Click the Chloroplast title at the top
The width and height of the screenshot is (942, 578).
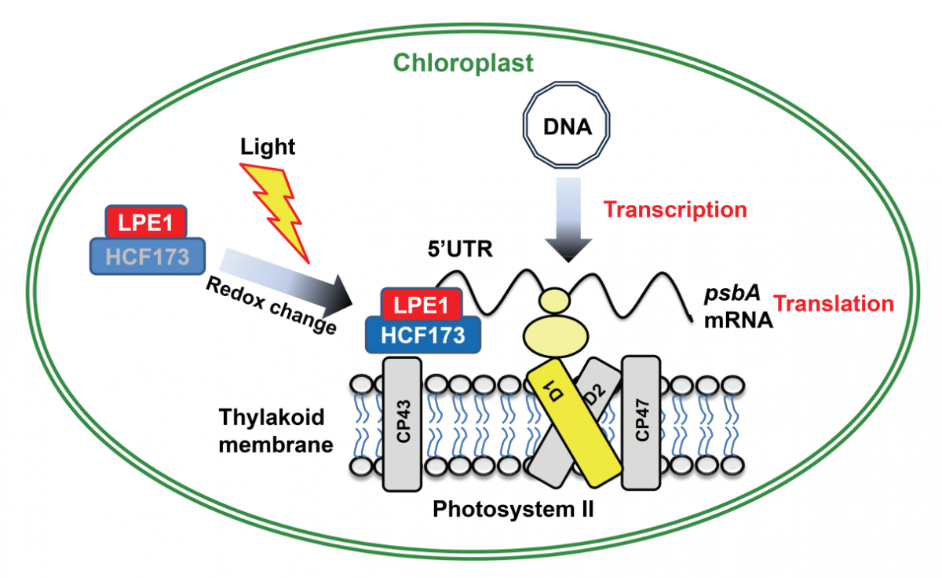463,62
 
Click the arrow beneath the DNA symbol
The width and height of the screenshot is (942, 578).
567,220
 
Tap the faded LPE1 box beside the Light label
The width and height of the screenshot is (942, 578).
144,223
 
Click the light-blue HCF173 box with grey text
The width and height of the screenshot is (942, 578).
144,256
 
